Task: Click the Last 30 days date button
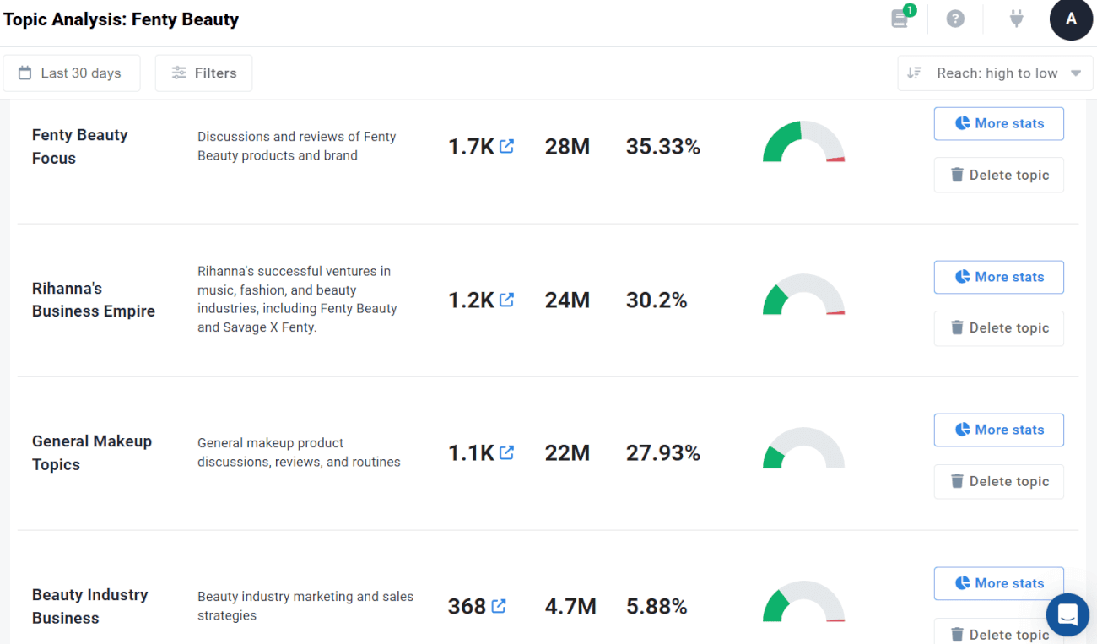coord(70,73)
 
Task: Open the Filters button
coord(203,73)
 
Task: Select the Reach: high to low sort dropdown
coord(995,73)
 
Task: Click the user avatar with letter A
coord(1071,19)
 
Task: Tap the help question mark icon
coord(955,19)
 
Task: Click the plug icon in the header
coord(1017,19)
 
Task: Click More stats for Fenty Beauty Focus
coord(998,123)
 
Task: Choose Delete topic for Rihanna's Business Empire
coord(998,327)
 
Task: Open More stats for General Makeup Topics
coord(998,430)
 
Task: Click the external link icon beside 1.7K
coord(506,146)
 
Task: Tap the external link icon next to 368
coord(499,605)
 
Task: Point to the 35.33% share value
coord(663,147)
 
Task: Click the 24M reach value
coord(567,300)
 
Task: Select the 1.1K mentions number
coord(471,453)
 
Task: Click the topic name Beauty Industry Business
coord(89,606)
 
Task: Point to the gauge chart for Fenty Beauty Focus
coord(803,142)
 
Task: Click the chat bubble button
coord(1067,614)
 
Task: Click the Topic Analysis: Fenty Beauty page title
coord(121,19)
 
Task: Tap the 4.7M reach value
coord(570,606)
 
